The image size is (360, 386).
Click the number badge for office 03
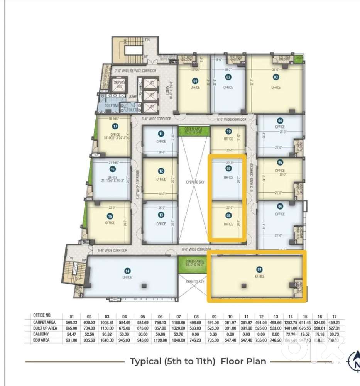[276, 77]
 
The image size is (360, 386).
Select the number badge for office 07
[260, 269]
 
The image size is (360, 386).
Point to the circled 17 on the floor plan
[115, 126]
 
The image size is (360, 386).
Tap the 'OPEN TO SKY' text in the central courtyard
[195, 182]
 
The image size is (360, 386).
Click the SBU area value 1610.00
[107, 340]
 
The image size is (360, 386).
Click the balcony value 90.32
[107, 334]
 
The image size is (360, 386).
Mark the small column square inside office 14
[144, 285]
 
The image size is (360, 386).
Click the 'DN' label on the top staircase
[147, 40]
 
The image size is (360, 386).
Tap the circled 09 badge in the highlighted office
[228, 169]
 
